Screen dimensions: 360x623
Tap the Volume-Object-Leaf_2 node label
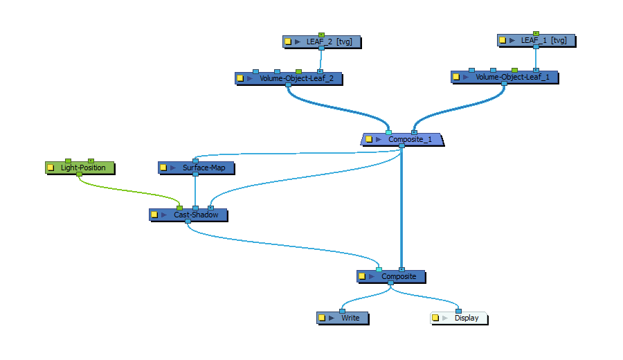[x=296, y=78]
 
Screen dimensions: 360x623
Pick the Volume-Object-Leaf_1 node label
[x=512, y=77]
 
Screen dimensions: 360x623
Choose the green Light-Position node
[x=83, y=168]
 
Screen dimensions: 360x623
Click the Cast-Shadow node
[x=196, y=215]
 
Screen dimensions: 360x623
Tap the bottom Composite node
[x=398, y=276]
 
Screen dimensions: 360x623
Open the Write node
[x=350, y=318]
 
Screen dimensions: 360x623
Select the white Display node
[x=466, y=318]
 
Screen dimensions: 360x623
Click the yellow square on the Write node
[x=322, y=318]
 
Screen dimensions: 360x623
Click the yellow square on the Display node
[x=435, y=318]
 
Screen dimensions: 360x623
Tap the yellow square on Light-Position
[x=51, y=168]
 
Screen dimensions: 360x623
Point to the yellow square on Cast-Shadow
[x=154, y=215]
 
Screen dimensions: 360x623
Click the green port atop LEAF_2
[x=321, y=34]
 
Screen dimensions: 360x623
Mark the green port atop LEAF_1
[x=536, y=33]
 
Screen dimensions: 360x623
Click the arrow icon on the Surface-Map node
[x=173, y=168]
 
